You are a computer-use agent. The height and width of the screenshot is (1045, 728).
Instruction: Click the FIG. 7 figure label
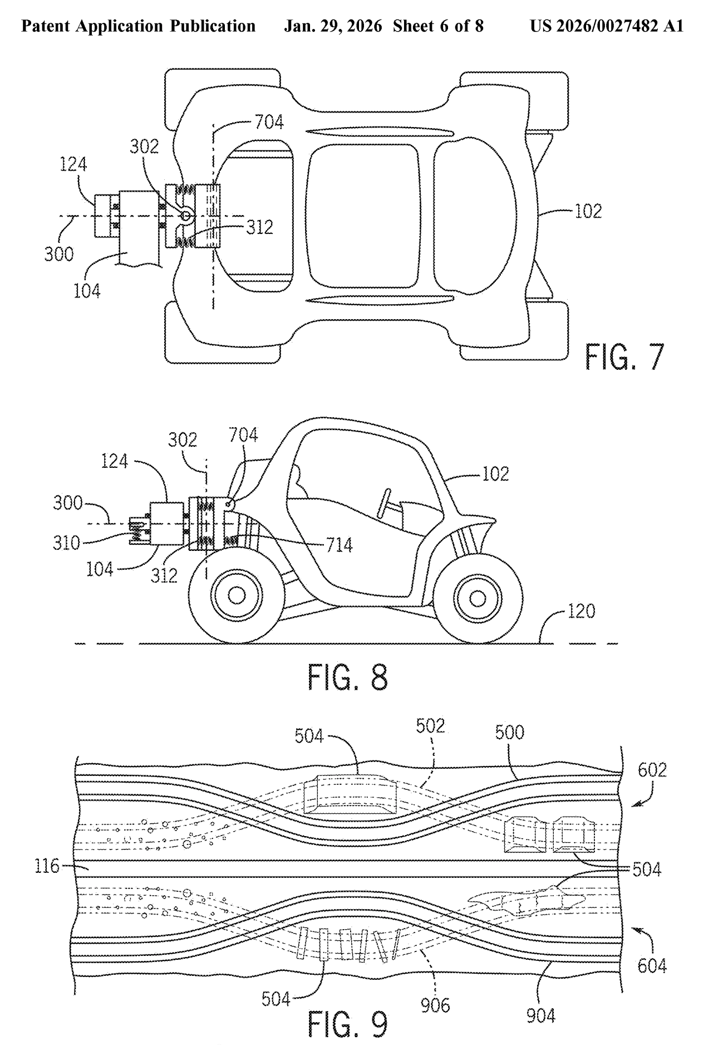tap(624, 357)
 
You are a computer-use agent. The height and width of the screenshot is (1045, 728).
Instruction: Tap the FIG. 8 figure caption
tap(347, 677)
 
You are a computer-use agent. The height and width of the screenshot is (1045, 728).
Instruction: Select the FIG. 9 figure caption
tap(347, 1023)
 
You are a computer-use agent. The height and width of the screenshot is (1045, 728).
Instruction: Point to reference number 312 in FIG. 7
tap(259, 227)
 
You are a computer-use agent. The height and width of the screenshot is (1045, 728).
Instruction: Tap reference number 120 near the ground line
tap(581, 611)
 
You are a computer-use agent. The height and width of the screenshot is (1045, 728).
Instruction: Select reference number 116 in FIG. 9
tap(47, 866)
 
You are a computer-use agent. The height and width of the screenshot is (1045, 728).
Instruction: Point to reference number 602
tap(652, 770)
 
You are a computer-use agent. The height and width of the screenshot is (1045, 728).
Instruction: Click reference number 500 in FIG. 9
tap(509, 732)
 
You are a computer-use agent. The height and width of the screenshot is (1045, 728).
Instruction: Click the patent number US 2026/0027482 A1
tap(607, 26)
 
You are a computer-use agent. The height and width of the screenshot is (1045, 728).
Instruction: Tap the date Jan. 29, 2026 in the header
tap(333, 26)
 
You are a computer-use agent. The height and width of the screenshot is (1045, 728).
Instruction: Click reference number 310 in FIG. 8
tap(67, 542)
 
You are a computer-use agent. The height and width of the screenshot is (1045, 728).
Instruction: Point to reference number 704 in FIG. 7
tap(269, 121)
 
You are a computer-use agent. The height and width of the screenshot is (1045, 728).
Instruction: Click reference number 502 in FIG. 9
tap(431, 726)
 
